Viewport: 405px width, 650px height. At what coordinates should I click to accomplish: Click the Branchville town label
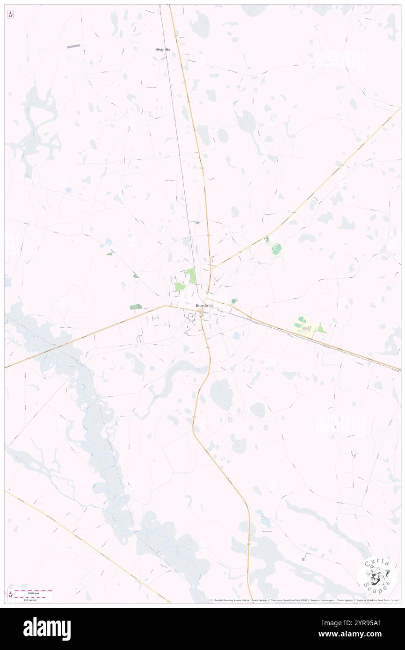tap(205, 306)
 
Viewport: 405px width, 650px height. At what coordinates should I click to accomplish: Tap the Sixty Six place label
tap(163, 49)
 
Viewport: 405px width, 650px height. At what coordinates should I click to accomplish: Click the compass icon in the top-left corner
tap(10, 15)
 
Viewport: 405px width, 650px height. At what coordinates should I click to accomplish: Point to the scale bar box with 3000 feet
tap(33, 595)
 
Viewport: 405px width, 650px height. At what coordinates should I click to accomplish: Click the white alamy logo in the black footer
tap(47, 629)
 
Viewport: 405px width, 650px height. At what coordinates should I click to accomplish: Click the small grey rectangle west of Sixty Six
tap(73, 46)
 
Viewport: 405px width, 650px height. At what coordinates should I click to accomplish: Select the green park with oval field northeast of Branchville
tap(276, 249)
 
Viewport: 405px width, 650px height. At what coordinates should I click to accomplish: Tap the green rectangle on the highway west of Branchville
tap(136, 307)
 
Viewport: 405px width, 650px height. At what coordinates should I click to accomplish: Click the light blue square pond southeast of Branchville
tap(237, 335)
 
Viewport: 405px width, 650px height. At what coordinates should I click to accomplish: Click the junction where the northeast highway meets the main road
tap(211, 270)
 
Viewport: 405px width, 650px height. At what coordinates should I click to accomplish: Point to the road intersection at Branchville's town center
tap(202, 317)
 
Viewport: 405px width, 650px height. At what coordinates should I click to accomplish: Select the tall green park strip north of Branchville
tap(190, 275)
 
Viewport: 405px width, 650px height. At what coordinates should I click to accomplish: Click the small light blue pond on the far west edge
tap(7, 281)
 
